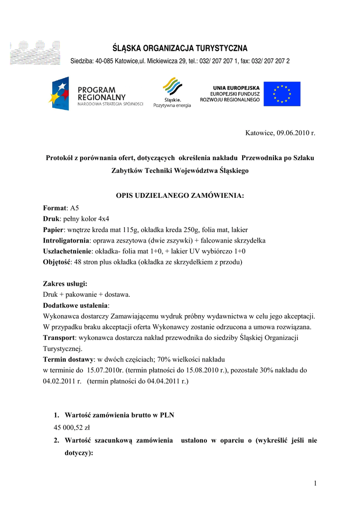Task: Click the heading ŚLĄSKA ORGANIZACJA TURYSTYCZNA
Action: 180,48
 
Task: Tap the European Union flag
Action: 282,94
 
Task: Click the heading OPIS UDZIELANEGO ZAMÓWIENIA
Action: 180,196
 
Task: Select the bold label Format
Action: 54,208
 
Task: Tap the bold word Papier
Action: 53,230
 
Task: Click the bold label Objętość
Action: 56,262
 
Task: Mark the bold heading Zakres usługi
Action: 65,284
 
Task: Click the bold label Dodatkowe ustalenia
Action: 75,305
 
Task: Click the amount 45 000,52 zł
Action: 72,427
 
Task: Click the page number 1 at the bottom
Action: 315,484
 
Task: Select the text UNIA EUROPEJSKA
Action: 236,88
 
